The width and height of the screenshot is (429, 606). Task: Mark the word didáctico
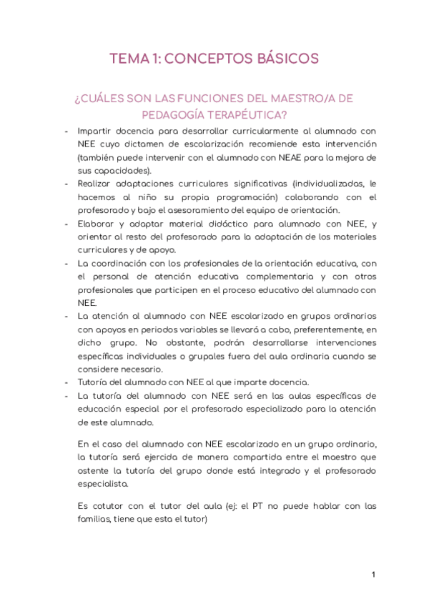click(219, 224)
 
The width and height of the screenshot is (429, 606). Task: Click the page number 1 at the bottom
click(373, 575)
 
